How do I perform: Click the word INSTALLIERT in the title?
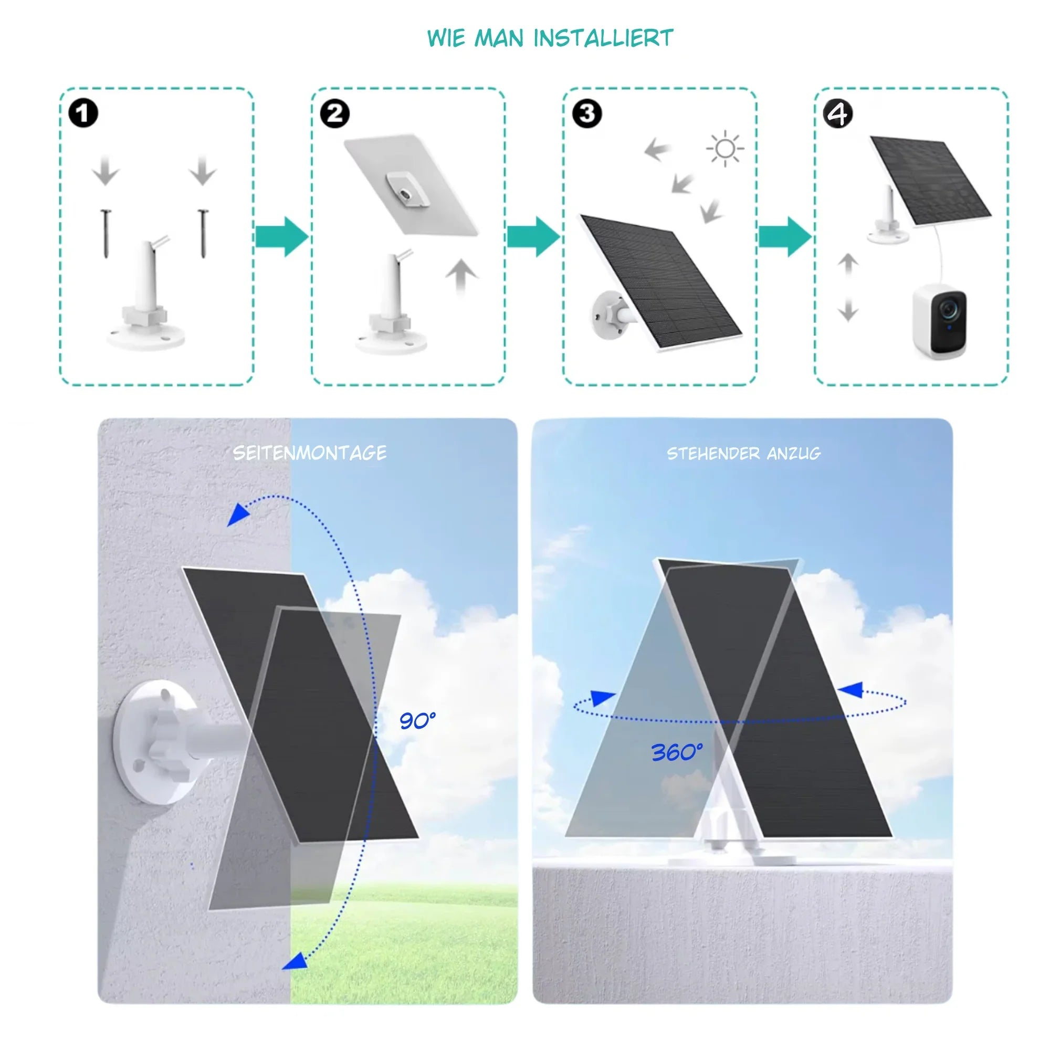pos(603,38)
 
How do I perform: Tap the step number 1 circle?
pos(83,113)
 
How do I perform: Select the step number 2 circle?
pos(335,113)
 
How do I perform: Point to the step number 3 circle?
pos(587,113)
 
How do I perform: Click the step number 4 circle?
pos(838,113)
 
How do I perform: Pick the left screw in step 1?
pos(106,234)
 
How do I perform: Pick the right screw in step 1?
pos(203,234)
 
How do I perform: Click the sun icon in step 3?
pos(725,149)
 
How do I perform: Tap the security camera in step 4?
pos(939,322)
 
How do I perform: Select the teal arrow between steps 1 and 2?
pos(281,236)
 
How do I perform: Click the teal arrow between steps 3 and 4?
pos(785,236)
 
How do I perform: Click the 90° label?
pos(417,721)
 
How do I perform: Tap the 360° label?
pos(677,753)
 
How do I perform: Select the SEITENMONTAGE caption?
pos(310,453)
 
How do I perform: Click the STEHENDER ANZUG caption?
pos(743,453)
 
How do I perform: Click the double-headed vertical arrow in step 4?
pos(847,287)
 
